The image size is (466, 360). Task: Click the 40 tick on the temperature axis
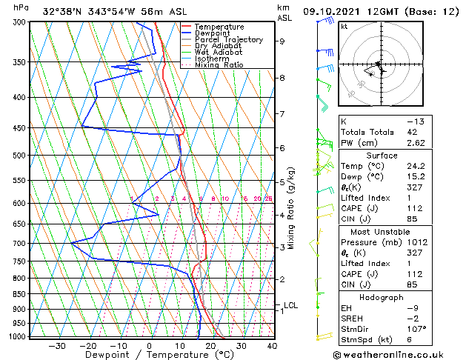[272, 346]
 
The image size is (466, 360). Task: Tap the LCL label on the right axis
[290, 305]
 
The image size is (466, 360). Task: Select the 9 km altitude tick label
[282, 41]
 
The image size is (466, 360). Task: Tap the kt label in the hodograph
[344, 26]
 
